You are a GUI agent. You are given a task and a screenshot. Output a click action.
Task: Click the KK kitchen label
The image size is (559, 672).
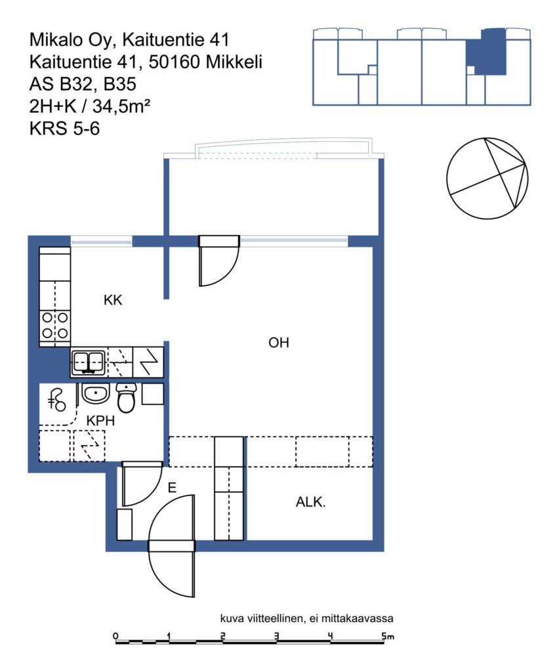coord(113,300)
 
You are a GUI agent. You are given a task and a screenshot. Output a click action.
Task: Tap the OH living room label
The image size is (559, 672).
coord(279,343)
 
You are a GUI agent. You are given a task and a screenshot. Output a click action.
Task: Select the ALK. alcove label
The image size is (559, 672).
coord(310,502)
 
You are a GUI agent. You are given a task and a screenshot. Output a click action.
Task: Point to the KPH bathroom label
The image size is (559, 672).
coord(100,421)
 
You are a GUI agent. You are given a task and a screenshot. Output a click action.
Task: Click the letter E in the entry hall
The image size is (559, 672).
coord(172,488)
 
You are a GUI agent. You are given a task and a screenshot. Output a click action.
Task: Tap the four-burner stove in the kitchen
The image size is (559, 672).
coord(55,325)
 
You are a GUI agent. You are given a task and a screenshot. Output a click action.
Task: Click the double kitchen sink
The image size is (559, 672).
coord(89,362)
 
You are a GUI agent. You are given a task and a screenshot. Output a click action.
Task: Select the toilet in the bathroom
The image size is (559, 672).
coord(126,398)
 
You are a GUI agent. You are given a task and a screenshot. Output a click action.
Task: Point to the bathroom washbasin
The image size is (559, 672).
coord(96,393)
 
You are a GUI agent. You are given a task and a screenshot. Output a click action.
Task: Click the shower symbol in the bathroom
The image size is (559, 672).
coord(56,400)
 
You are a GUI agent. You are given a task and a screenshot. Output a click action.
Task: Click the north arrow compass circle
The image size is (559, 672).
coord(487,178)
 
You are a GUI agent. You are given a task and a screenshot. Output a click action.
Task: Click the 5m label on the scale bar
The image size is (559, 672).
coord(388,636)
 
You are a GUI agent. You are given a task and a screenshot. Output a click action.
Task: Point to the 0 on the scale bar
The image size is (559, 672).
coord(115,636)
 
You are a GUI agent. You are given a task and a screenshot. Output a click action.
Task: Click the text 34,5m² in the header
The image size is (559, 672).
coord(121,106)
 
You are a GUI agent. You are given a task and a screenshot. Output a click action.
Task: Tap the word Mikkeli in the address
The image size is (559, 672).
coord(234,62)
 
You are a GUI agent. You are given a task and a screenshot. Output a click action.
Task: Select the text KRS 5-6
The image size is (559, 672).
coord(65,129)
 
